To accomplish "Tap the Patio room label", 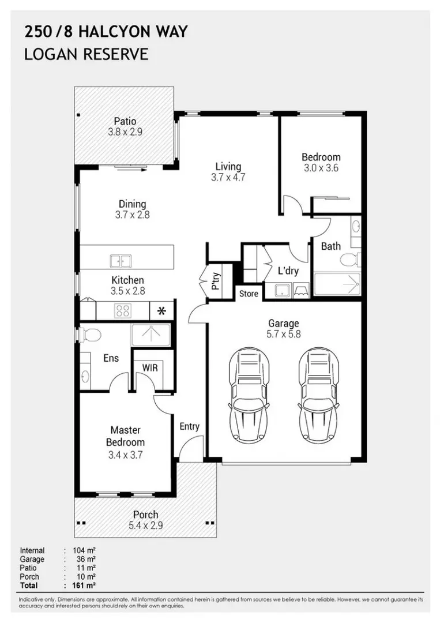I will click(125, 122).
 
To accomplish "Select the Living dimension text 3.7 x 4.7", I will click(228, 178).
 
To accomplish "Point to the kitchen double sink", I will click(121, 261).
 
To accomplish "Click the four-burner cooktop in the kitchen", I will click(123, 311).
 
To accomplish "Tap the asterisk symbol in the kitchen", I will click(161, 311).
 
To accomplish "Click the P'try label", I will click(215, 282).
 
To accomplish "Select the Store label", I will click(249, 294).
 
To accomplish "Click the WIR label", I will click(150, 367).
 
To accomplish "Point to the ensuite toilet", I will click(91, 334).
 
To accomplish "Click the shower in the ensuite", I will click(151, 334).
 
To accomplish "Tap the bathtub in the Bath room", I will click(336, 284).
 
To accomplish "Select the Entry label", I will click(189, 426).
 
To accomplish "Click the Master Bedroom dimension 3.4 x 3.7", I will click(126, 455).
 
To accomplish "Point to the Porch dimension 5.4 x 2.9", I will click(145, 526).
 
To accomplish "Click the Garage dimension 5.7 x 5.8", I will click(283, 334).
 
